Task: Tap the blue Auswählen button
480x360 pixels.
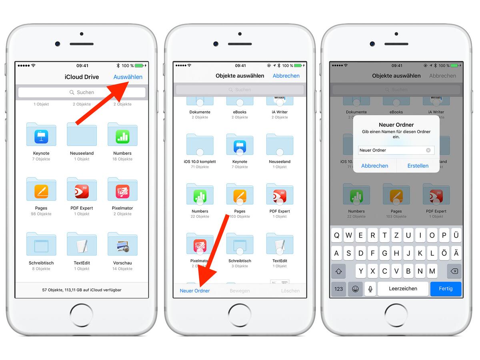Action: tap(128, 77)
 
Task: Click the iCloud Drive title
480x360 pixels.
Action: tap(82, 77)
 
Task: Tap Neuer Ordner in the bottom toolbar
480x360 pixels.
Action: tap(195, 291)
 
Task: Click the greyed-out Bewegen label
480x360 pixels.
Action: tap(240, 291)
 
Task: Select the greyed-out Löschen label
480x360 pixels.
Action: tap(290, 291)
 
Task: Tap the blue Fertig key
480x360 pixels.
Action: tap(446, 288)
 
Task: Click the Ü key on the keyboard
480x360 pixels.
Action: tap(456, 236)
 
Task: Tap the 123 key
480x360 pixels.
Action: tap(339, 288)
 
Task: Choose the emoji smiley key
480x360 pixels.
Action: tap(355, 288)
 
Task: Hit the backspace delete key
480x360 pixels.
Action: tap(454, 271)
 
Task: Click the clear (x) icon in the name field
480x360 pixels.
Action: tap(428, 150)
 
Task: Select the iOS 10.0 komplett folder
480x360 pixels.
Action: tap(200, 144)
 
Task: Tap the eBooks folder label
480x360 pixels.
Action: tap(240, 112)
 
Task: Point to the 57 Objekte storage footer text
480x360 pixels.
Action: tap(82, 290)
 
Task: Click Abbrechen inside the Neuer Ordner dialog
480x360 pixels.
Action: tap(374, 166)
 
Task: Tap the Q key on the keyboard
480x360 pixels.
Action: tap(337, 236)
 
